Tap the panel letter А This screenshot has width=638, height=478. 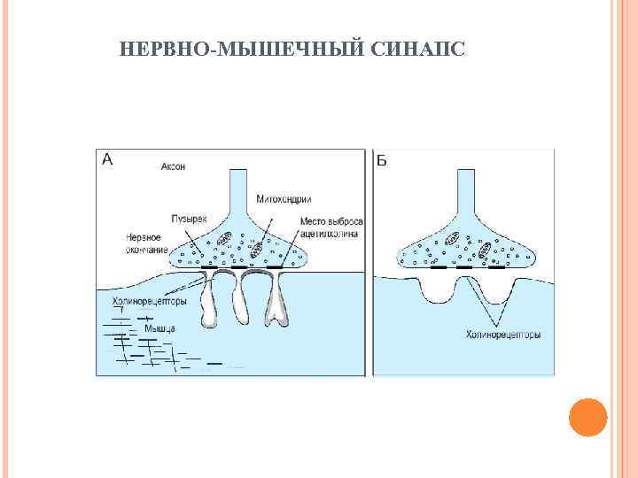pos(107,159)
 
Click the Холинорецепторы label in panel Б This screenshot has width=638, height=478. pos(503,335)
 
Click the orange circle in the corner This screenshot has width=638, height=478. pos(587,418)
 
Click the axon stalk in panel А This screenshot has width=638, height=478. pos(239,190)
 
